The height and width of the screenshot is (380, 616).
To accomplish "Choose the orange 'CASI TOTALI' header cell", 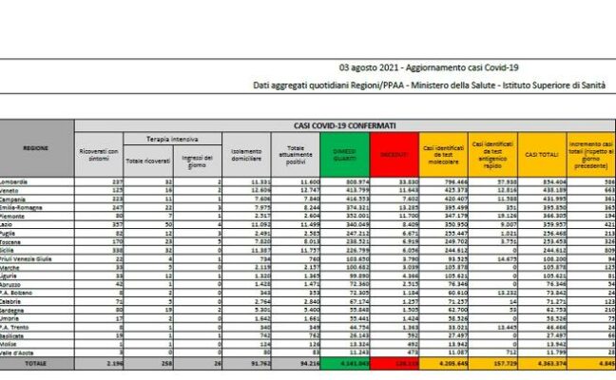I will [x=541, y=155].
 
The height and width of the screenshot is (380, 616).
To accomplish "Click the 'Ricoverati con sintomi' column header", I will [x=99, y=156].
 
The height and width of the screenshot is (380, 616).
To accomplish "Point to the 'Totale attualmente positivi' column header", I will [x=296, y=155].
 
